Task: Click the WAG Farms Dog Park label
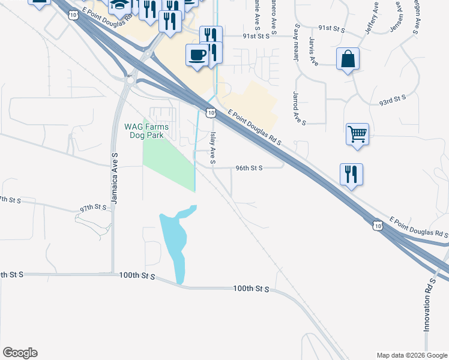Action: pyautogui.click(x=146, y=131)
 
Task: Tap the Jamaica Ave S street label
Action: pyautogui.click(x=113, y=178)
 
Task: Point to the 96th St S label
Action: pyautogui.click(x=249, y=169)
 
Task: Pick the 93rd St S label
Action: pyautogui.click(x=392, y=99)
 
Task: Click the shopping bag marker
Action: pyautogui.click(x=348, y=59)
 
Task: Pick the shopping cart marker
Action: pyautogui.click(x=357, y=133)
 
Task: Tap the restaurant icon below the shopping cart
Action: pyautogui.click(x=351, y=174)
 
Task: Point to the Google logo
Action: pyautogui.click(x=20, y=353)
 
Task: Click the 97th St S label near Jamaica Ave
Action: pyautogui.click(x=93, y=208)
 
